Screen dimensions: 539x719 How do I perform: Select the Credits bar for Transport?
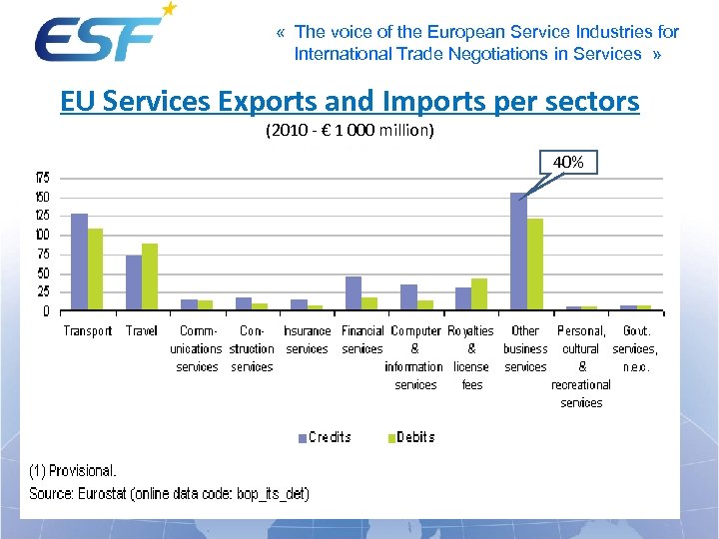click(79, 262)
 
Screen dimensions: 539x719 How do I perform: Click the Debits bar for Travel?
click(150, 276)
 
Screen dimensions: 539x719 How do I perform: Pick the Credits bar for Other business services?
click(518, 251)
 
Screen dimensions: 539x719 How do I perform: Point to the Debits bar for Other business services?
click(535, 264)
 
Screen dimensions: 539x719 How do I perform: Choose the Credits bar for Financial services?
click(353, 293)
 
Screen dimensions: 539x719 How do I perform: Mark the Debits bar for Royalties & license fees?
click(479, 294)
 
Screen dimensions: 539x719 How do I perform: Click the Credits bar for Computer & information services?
click(408, 297)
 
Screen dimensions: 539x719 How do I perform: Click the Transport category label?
click(88, 331)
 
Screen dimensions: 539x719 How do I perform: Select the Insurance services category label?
click(307, 340)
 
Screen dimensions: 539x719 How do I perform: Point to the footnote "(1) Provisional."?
click(72, 470)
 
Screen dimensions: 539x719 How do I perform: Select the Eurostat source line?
click(169, 493)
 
